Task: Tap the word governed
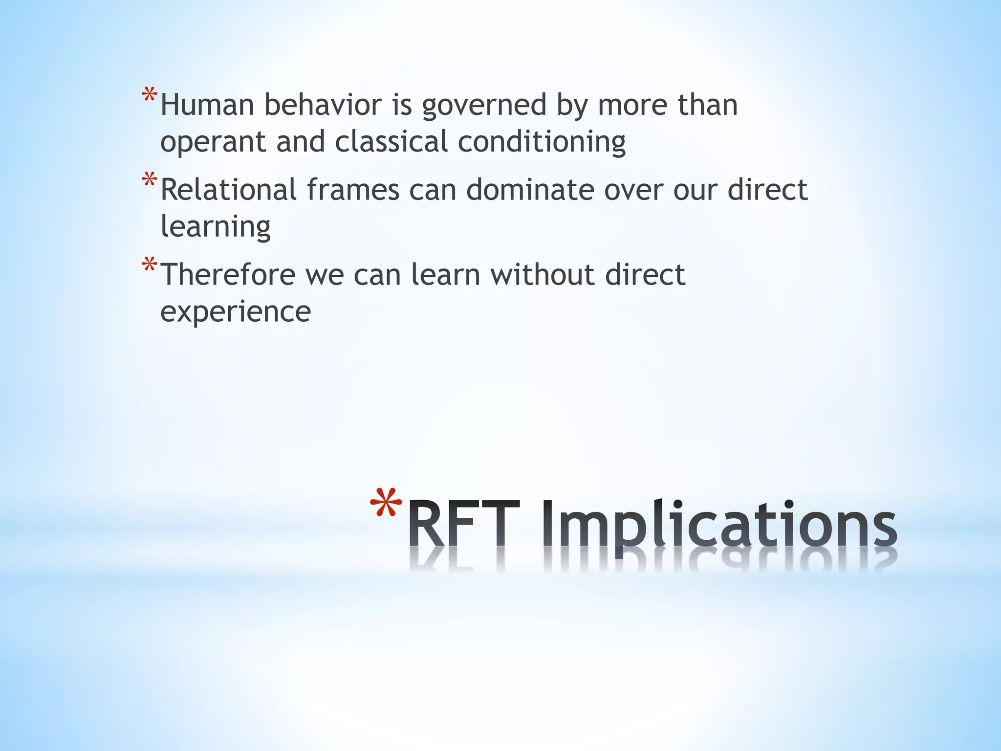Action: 484,106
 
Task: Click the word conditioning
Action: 542,142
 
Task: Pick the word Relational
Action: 228,190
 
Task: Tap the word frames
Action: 353,190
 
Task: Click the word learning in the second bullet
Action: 216,227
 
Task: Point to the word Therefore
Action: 228,274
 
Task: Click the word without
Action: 543,274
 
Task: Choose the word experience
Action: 236,312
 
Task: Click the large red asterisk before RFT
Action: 386,504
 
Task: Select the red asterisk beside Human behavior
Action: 150,95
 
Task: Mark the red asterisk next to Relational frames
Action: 150,180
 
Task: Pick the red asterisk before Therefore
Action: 150,265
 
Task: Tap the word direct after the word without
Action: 645,274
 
